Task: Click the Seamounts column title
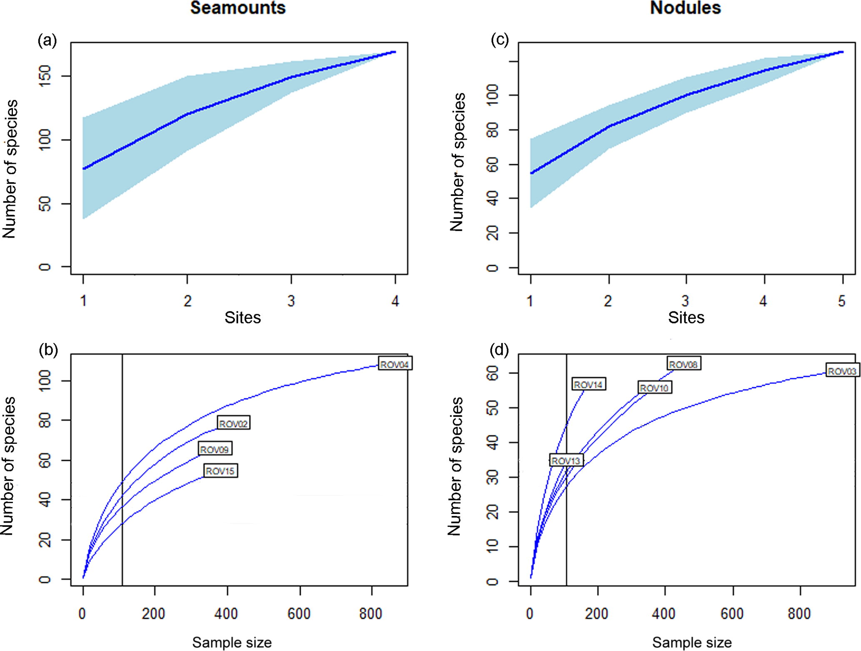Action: click(238, 8)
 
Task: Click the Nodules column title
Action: click(685, 8)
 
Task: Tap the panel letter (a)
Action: click(47, 41)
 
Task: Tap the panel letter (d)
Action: click(499, 350)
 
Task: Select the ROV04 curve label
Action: click(394, 364)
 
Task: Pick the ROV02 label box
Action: click(233, 423)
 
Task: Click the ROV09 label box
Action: click(215, 449)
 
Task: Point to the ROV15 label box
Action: click(220, 471)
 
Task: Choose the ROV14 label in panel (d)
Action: click(588, 384)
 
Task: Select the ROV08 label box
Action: click(683, 364)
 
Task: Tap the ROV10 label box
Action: click(654, 388)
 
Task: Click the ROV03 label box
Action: click(842, 371)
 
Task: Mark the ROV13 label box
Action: click(566, 461)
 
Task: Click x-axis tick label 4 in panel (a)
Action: click(395, 301)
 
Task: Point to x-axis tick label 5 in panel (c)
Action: click(842, 301)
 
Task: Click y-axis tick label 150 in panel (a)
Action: click(45, 76)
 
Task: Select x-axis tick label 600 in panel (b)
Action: click(299, 613)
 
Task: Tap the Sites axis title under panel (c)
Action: click(686, 318)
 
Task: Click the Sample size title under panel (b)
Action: click(232, 642)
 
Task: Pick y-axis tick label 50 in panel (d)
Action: click(493, 408)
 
